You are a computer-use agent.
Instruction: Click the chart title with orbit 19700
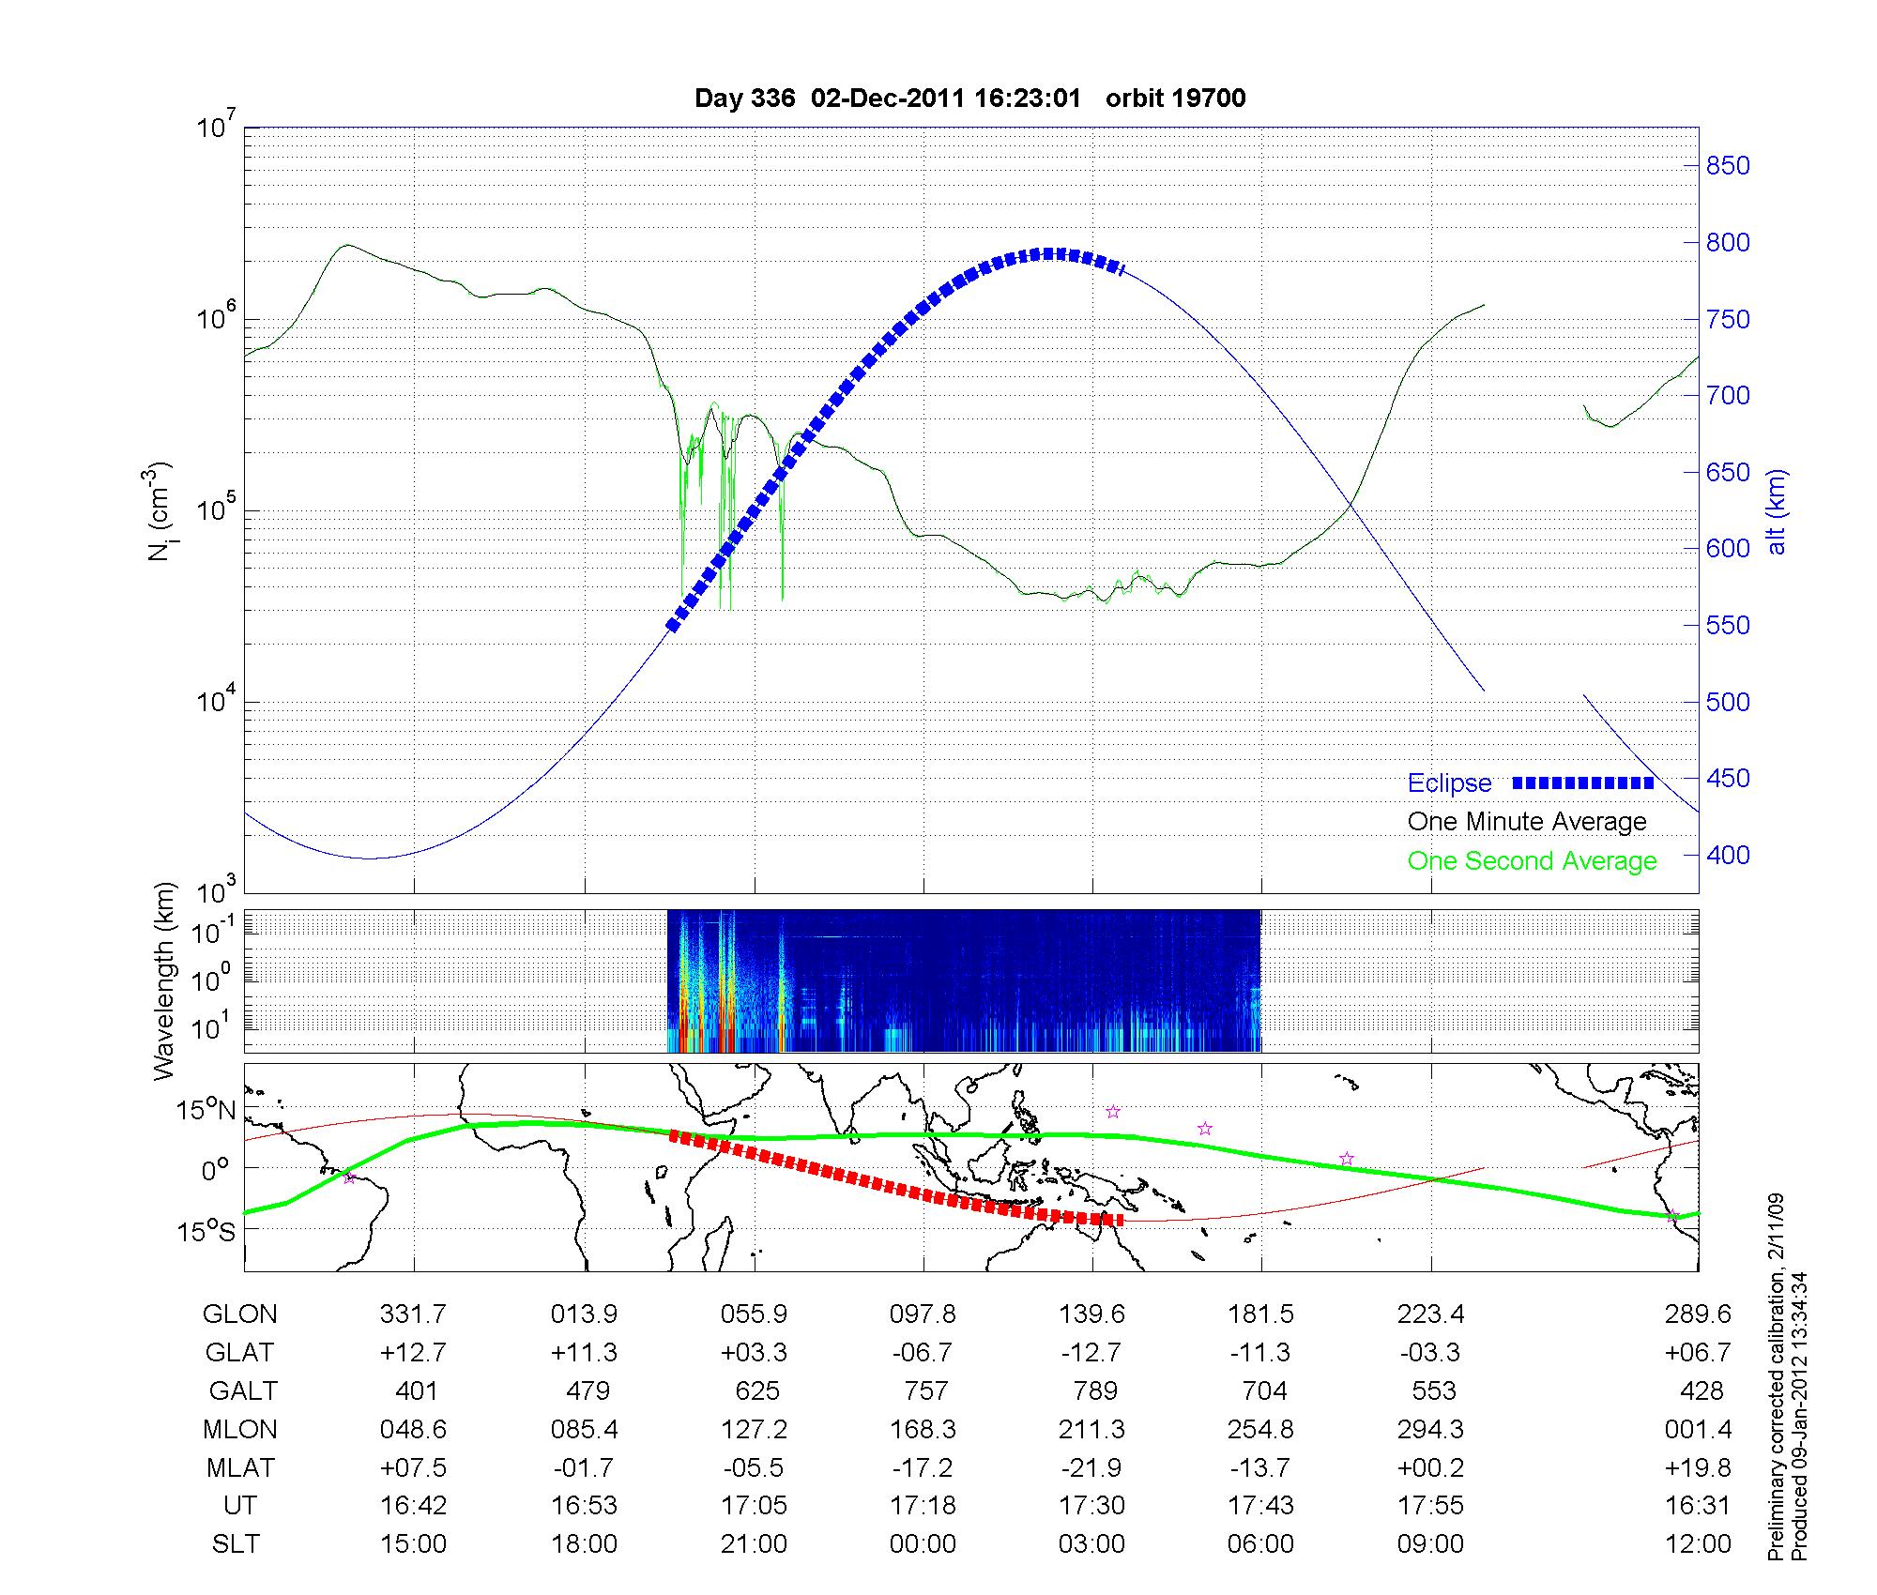[x=969, y=99]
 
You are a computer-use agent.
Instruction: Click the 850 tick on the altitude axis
[x=1727, y=166]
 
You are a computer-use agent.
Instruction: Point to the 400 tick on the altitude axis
[x=1727, y=855]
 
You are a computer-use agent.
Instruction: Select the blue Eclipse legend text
[x=1449, y=783]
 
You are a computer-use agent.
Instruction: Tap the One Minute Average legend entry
[x=1527, y=822]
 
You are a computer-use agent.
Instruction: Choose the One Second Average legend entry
[x=1532, y=861]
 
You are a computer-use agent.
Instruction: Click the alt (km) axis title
[x=1777, y=511]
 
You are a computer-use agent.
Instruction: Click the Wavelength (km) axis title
[x=164, y=980]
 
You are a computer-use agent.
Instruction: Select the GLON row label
[x=239, y=1314]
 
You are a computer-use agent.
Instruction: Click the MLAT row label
[x=239, y=1467]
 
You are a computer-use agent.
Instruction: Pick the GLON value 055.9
[x=754, y=1314]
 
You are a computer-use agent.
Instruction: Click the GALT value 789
[x=1094, y=1390]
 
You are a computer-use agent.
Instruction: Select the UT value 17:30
[x=1092, y=1506]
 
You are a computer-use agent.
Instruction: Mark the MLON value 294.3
[x=1430, y=1430]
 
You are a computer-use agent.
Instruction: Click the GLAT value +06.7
[x=1701, y=1353]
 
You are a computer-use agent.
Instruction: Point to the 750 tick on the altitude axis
[x=1727, y=319]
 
